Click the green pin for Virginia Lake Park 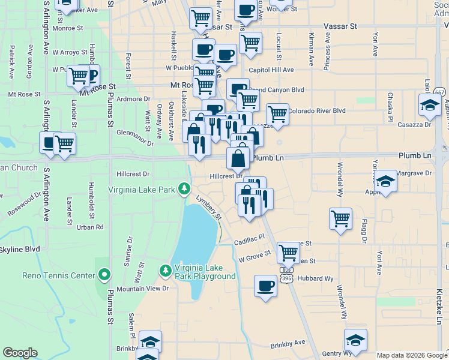[185, 190]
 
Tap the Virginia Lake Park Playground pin [165, 271]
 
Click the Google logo [20, 353]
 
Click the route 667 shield [440, 92]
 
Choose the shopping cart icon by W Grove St [288, 252]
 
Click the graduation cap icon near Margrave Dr [385, 181]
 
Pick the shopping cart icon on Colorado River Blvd [277, 113]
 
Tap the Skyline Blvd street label [19, 249]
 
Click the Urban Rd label [90, 227]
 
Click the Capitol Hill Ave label [271, 70]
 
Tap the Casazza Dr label [419, 125]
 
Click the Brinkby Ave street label [288, 342]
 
